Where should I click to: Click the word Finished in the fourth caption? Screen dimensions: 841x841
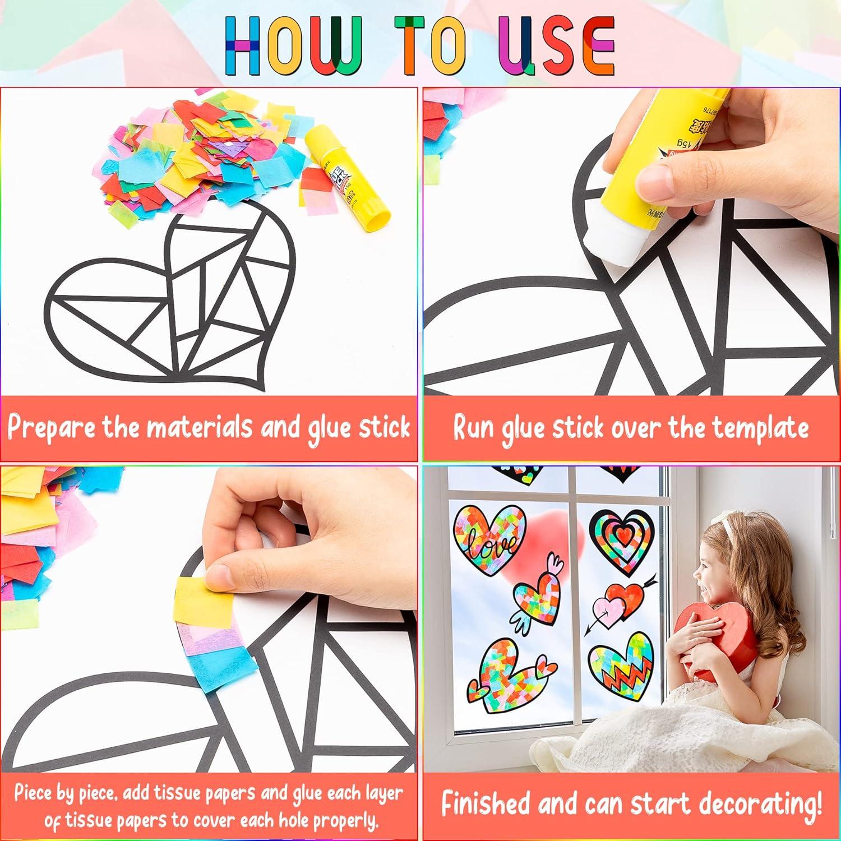coord(484,804)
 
